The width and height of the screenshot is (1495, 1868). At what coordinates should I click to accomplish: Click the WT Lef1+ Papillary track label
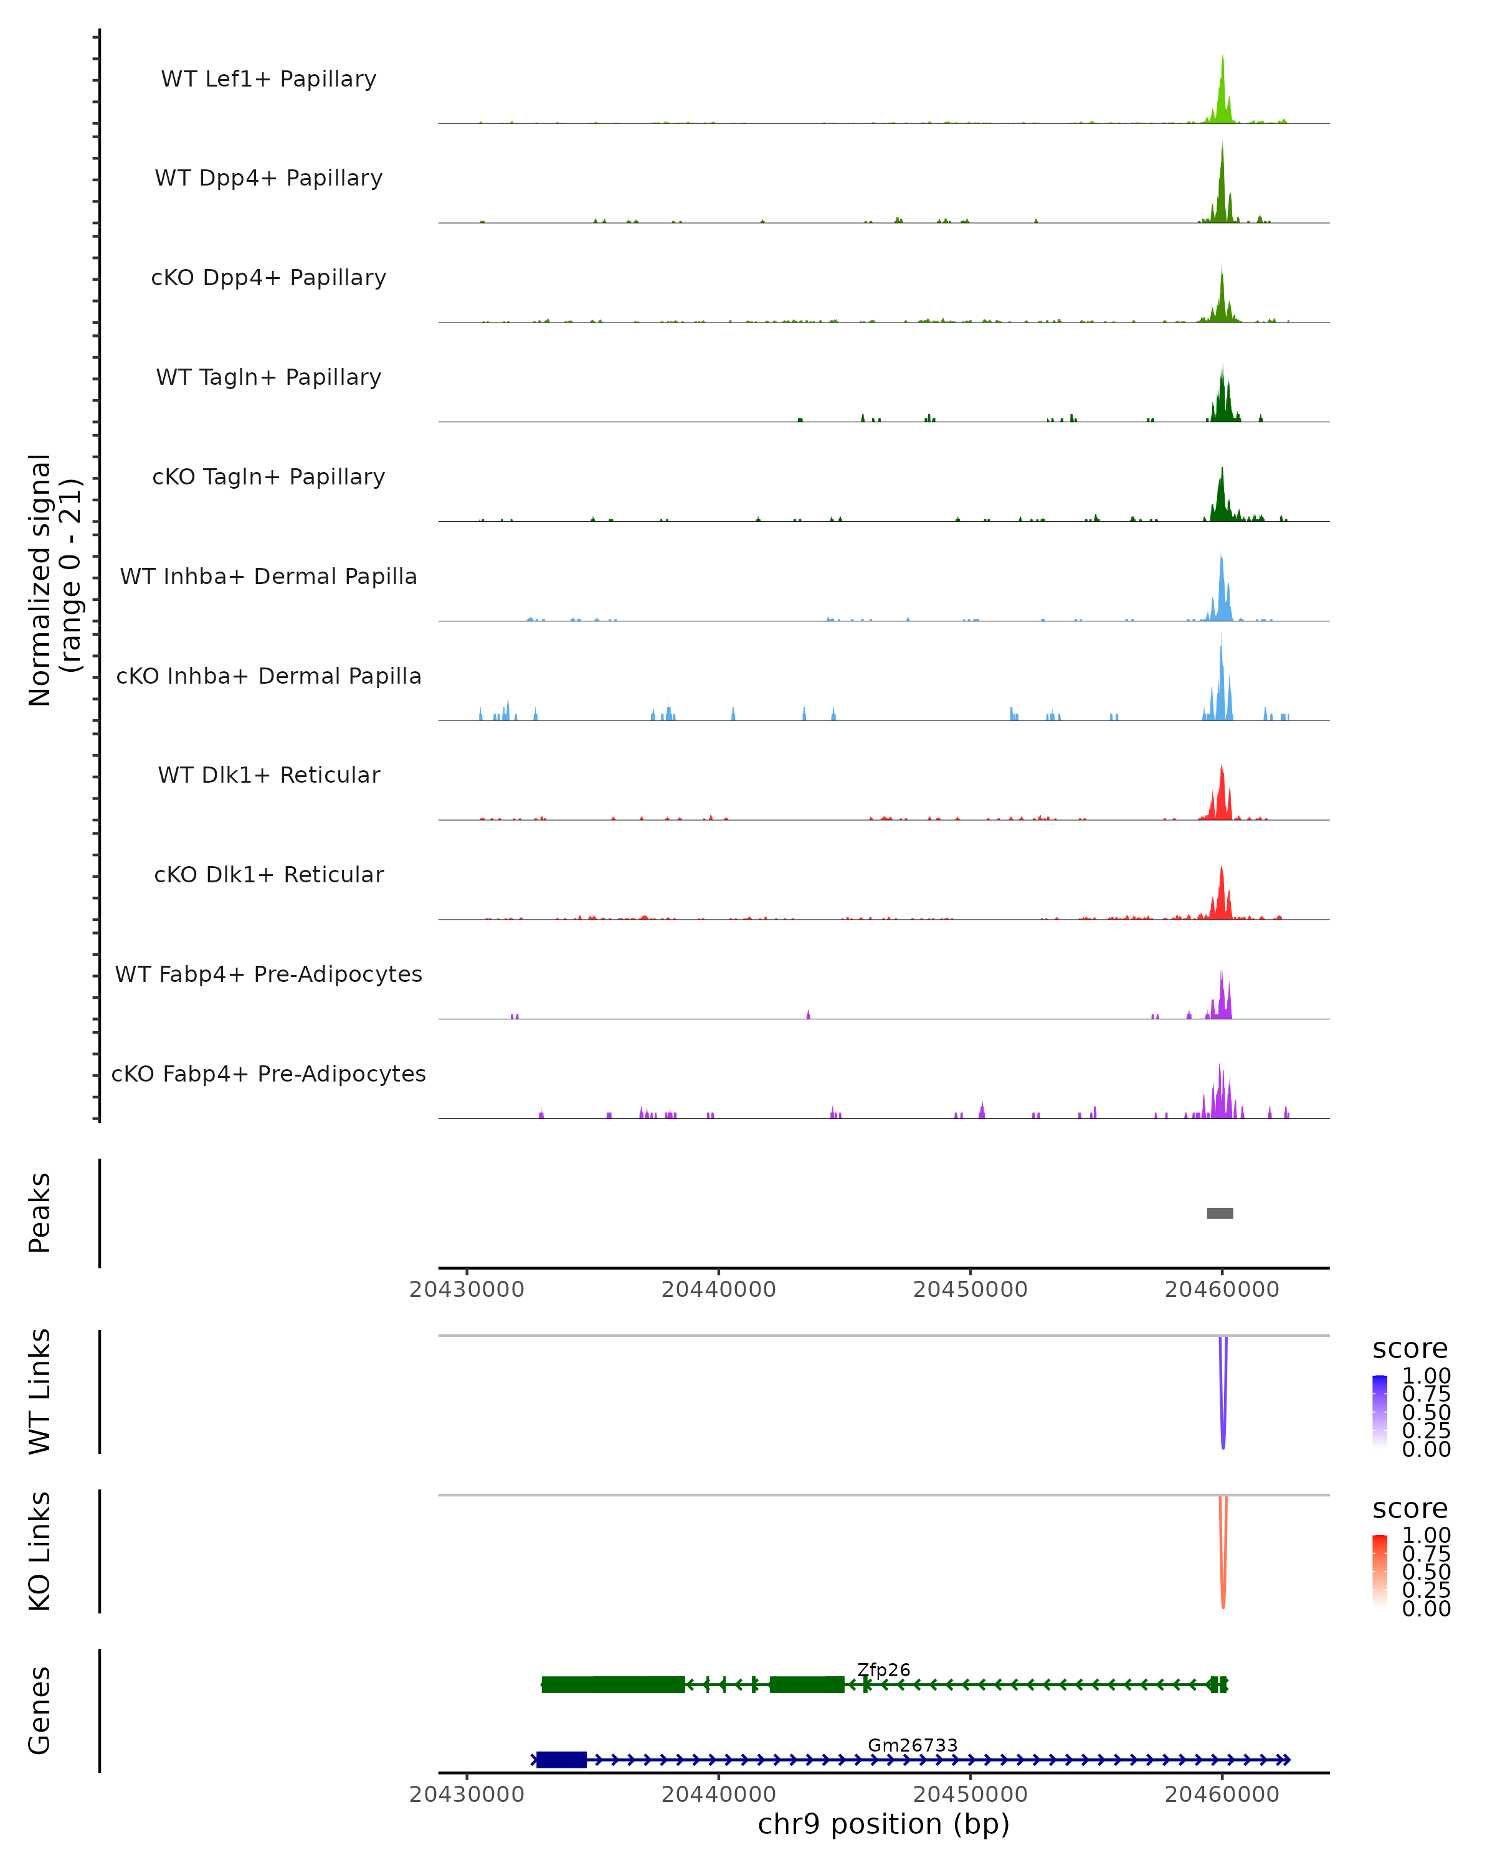click(268, 79)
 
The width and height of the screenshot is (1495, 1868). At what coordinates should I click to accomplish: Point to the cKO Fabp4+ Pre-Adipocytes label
click(268, 1073)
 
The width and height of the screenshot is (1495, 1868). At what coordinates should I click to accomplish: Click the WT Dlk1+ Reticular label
click(268, 775)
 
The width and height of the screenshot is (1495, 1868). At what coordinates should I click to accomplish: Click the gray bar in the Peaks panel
click(1220, 1213)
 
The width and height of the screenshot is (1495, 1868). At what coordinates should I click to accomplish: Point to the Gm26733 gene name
click(913, 1745)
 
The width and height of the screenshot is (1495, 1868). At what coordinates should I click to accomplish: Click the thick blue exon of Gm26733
click(562, 1760)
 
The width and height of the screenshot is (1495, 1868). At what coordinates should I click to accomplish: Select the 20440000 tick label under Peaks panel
click(718, 1290)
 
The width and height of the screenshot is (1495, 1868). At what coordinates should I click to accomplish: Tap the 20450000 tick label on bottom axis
click(970, 1795)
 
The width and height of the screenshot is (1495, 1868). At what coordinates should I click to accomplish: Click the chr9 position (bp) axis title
click(883, 1824)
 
